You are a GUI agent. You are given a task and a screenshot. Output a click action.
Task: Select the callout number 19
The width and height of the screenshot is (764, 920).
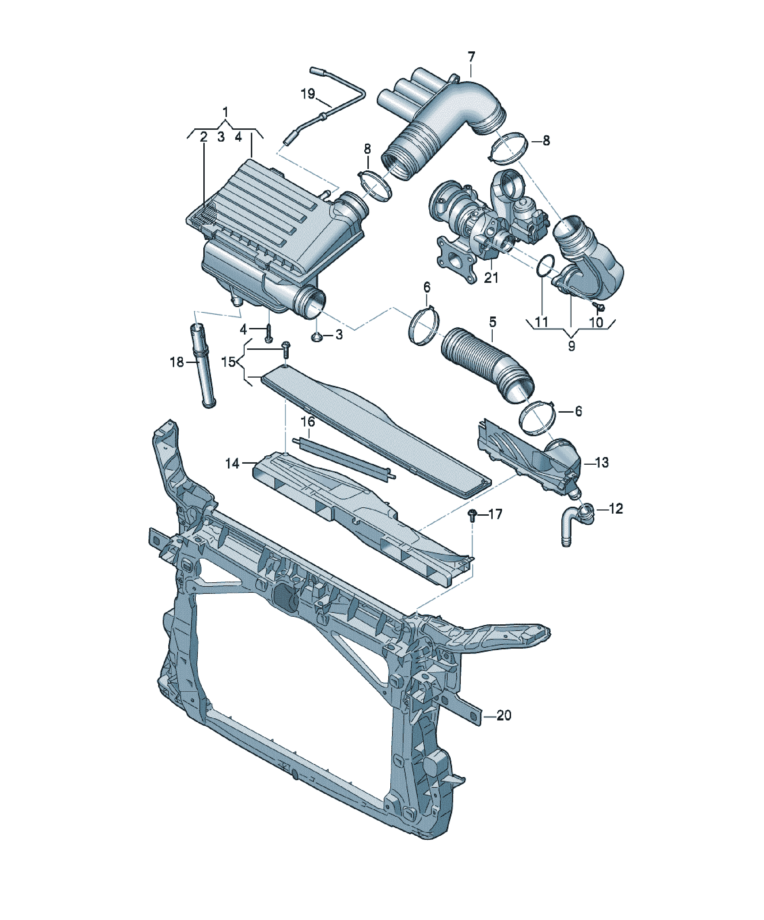(x=308, y=93)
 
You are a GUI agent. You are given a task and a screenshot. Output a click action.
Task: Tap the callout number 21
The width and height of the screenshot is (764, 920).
(x=491, y=278)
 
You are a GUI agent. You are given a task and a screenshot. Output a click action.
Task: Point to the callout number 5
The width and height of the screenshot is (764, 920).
(x=493, y=322)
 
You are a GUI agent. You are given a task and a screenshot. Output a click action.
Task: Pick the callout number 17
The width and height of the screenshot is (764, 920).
(x=495, y=514)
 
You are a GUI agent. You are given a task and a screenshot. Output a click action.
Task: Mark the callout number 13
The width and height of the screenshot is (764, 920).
(x=602, y=462)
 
